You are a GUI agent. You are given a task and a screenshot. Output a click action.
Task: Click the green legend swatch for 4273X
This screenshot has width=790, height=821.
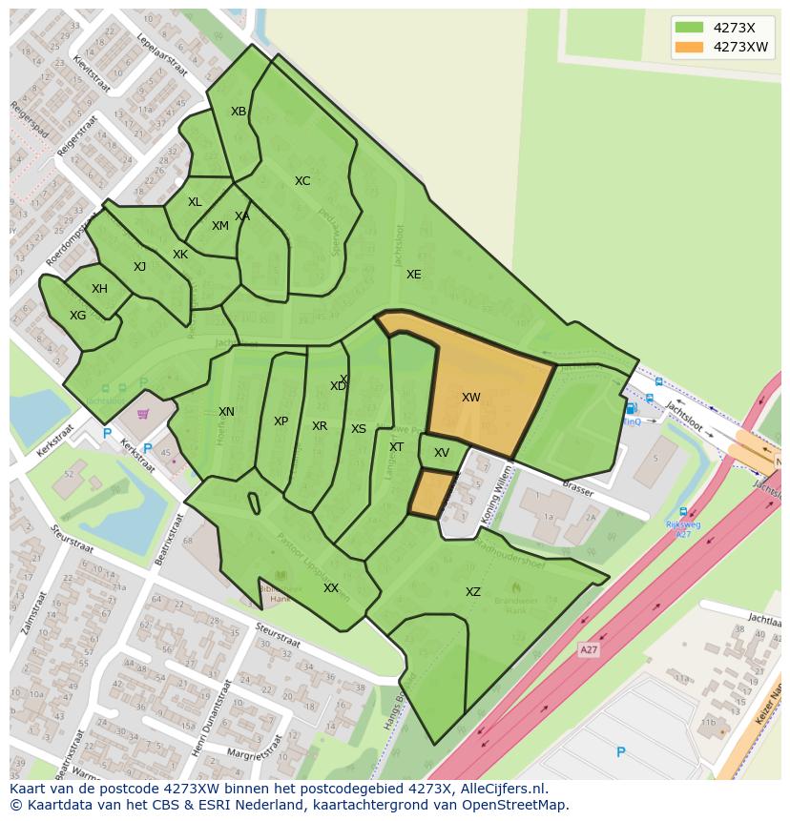(x=688, y=28)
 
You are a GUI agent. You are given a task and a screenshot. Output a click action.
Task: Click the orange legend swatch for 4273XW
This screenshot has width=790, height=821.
(x=688, y=47)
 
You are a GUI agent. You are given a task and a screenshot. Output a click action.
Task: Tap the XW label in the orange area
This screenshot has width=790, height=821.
(x=470, y=398)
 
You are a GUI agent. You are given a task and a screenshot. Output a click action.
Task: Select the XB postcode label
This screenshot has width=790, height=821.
(x=239, y=112)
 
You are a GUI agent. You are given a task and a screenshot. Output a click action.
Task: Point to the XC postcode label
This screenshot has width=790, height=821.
(x=302, y=181)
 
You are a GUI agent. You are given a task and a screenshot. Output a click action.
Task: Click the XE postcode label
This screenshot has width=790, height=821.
(x=413, y=275)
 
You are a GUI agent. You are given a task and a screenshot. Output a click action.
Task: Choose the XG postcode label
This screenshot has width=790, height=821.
(x=78, y=316)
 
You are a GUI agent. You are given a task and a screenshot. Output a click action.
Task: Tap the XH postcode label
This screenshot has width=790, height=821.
(x=99, y=289)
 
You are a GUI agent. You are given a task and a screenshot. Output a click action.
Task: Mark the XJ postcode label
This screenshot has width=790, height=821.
(x=139, y=267)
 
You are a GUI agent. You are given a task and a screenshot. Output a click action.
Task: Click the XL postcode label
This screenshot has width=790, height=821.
(x=195, y=202)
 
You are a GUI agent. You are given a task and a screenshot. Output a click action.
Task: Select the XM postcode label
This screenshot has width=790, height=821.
(x=220, y=226)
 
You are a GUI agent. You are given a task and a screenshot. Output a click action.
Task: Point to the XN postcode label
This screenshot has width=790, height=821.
(x=226, y=412)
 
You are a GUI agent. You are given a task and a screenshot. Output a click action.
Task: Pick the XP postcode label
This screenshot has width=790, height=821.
(x=281, y=421)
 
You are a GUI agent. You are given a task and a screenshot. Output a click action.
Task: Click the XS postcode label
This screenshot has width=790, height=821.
(x=359, y=429)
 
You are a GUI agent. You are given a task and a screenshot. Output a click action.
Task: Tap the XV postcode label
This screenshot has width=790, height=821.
(x=442, y=453)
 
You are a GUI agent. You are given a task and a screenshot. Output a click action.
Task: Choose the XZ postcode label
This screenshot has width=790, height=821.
(x=473, y=592)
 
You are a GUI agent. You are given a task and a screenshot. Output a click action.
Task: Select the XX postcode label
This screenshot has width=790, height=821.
(x=331, y=588)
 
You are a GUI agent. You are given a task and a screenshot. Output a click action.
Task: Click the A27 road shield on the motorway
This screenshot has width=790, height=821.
(x=590, y=649)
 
